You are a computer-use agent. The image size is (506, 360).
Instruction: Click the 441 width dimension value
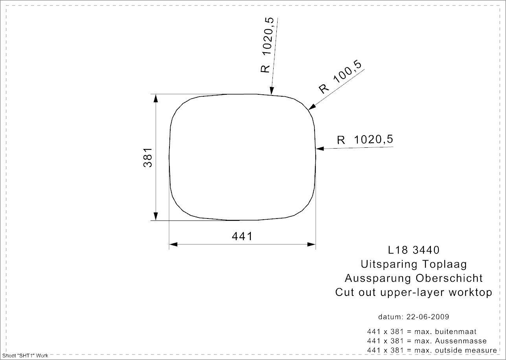(x=242, y=237)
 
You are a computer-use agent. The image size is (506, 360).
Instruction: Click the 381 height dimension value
(x=148, y=158)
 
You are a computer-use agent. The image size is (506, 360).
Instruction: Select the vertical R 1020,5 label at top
(x=267, y=45)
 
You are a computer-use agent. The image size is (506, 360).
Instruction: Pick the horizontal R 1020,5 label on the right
(x=365, y=140)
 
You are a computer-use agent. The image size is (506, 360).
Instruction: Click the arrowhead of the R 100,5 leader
(x=312, y=107)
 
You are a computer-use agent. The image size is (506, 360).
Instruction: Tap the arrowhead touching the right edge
(x=320, y=149)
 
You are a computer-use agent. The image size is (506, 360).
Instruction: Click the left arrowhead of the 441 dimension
(x=173, y=244)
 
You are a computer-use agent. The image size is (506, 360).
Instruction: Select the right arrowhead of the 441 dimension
(x=311, y=244)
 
